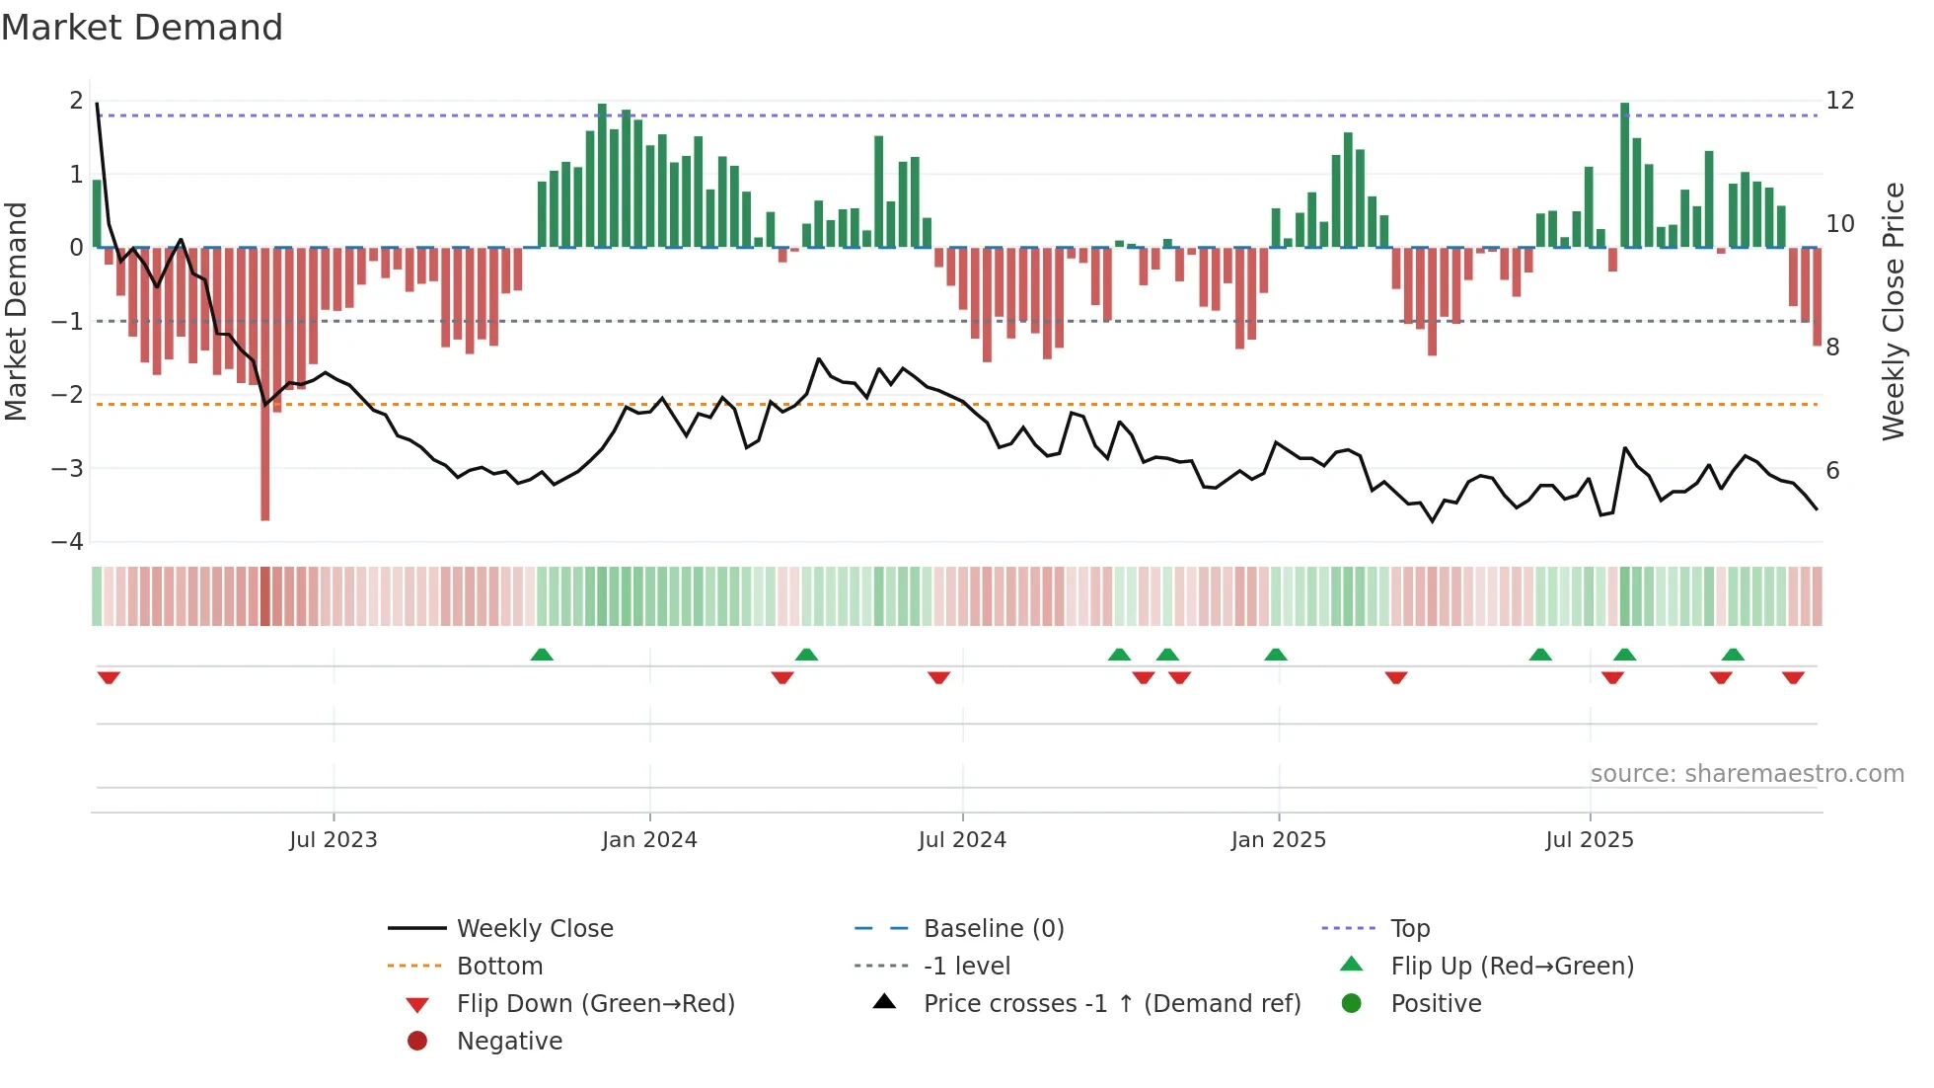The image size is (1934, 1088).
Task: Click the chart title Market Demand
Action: click(142, 28)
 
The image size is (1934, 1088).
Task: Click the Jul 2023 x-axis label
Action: click(334, 839)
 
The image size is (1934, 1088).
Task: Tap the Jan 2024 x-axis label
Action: click(649, 839)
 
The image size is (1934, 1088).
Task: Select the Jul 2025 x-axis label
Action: click(1590, 839)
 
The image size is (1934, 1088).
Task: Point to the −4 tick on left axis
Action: click(68, 541)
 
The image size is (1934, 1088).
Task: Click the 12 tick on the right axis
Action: click(1839, 101)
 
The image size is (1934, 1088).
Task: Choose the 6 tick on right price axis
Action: click(1832, 470)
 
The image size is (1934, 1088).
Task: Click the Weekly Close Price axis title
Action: click(1893, 311)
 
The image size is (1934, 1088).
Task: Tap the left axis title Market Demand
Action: click(17, 311)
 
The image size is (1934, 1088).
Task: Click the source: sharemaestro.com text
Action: click(1747, 773)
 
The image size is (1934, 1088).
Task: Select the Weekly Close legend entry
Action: click(534, 928)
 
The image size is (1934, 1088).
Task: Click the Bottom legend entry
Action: click(499, 966)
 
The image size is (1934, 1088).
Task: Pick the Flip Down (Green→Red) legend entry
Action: click(595, 1003)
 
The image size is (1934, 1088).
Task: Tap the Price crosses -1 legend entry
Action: click(1111, 1003)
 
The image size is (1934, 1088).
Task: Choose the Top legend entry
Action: click(1410, 928)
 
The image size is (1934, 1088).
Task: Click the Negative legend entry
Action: click(509, 1041)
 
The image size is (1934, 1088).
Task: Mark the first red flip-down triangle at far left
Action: click(109, 677)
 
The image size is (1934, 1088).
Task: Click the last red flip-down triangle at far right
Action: click(1793, 677)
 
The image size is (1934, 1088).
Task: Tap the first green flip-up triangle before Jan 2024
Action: click(542, 655)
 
